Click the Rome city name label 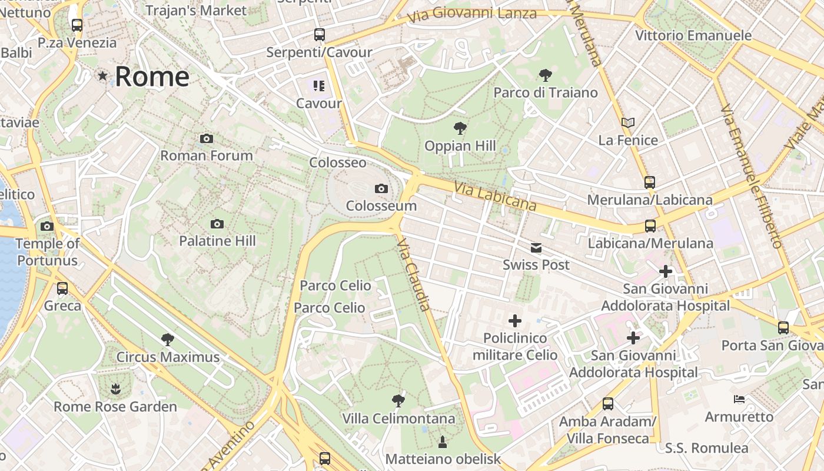pos(152,77)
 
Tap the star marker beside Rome pos(103,76)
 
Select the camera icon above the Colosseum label pos(381,189)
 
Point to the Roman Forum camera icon pos(207,139)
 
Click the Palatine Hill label pos(217,241)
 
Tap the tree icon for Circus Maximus pos(168,340)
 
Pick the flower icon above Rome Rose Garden pos(115,389)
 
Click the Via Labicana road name pos(495,196)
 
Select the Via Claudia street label pos(414,274)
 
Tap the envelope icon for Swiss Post pos(536,248)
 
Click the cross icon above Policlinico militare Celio pos(515,321)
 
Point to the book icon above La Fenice pos(628,123)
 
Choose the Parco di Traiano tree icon pos(546,75)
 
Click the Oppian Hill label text pos(460,146)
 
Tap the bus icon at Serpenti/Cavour pos(319,35)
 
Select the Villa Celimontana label pos(399,419)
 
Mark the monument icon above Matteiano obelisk pos(443,442)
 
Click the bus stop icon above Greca pos(62,288)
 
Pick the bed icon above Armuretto pos(739,399)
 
